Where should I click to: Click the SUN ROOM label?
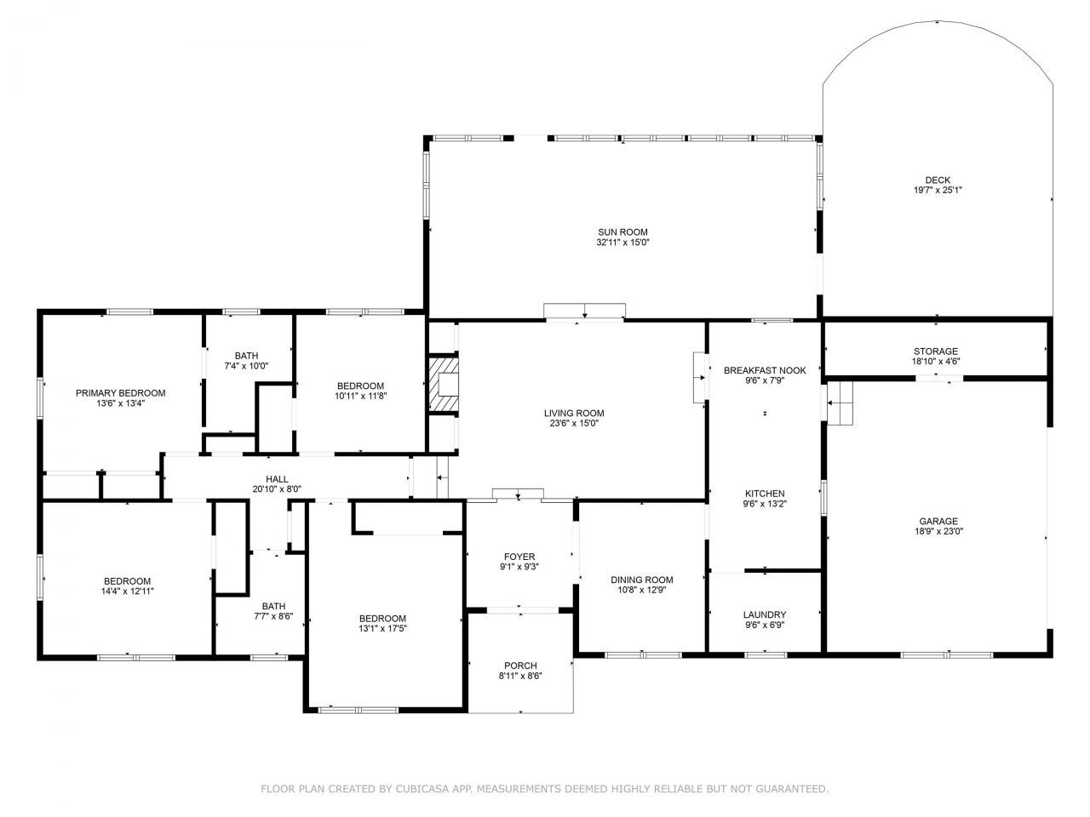[622, 231]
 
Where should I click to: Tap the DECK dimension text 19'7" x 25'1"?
[938, 191]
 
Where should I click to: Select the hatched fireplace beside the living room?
[443, 384]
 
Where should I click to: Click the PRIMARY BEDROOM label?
[120, 393]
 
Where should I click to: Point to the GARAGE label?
[938, 522]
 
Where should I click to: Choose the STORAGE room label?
[935, 351]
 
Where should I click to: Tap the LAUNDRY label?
[764, 614]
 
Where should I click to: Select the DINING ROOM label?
[641, 580]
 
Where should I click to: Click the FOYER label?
[519, 557]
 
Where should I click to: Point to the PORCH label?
[519, 666]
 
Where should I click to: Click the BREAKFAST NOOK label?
[764, 371]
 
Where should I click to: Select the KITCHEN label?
[764, 494]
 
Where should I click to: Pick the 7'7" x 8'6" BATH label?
[272, 616]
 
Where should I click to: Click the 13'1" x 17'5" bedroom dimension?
[382, 629]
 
